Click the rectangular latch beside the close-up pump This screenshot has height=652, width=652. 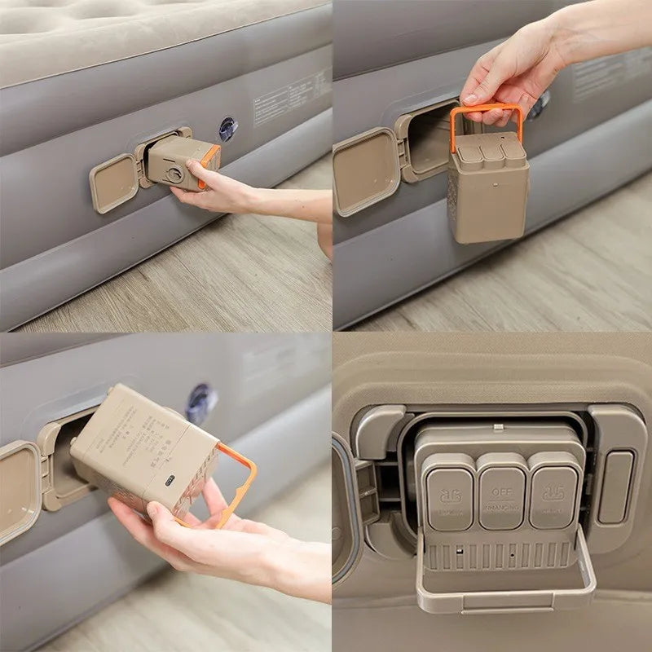[x=615, y=487]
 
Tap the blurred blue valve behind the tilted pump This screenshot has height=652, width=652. [x=200, y=404]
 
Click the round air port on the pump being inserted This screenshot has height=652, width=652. [x=174, y=173]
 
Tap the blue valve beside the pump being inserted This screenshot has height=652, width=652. [x=227, y=129]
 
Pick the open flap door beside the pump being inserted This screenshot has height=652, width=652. [x=113, y=183]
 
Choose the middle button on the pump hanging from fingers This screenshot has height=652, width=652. [x=490, y=151]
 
